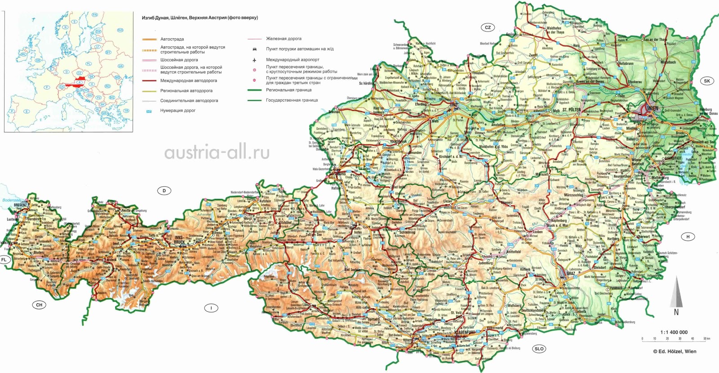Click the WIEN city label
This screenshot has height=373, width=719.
point(652,109)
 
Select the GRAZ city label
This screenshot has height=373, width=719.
point(571,273)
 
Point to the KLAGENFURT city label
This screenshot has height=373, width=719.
point(464,332)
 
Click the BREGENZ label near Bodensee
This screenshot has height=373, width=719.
point(21,205)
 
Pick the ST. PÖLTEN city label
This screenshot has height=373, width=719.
point(571,110)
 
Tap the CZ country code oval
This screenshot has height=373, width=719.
point(488,27)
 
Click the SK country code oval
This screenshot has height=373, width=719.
point(707,81)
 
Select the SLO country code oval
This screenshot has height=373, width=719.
point(539,349)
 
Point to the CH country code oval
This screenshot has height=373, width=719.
point(39,305)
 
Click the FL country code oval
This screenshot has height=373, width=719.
point(4,260)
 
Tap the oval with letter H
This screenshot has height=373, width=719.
point(688,237)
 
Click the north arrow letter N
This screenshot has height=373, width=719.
point(676,312)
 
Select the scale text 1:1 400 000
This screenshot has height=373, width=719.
point(674,333)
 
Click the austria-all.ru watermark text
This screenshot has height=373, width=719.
point(217,153)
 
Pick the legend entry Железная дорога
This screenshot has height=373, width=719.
point(284,39)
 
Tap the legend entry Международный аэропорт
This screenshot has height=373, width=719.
point(293,59)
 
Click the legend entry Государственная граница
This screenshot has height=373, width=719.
point(292,100)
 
